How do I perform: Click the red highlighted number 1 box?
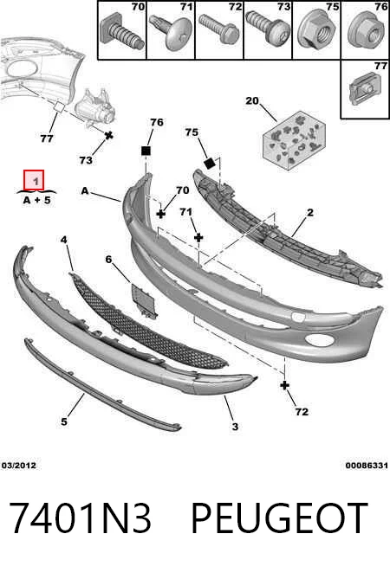[34, 180]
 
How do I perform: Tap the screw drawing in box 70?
[122, 34]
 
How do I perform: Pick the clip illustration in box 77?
[364, 89]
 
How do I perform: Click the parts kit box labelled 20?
[295, 140]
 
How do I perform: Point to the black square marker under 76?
[146, 151]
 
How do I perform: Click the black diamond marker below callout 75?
[209, 164]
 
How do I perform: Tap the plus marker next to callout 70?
[161, 215]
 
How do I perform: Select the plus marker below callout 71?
[198, 237]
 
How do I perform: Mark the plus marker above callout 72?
[285, 385]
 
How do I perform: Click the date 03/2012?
[19, 466]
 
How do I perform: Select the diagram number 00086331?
[367, 466]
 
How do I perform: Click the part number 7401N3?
[80, 518]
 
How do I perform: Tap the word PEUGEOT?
[279, 518]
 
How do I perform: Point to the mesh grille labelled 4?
[147, 320]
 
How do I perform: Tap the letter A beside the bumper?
[85, 190]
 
